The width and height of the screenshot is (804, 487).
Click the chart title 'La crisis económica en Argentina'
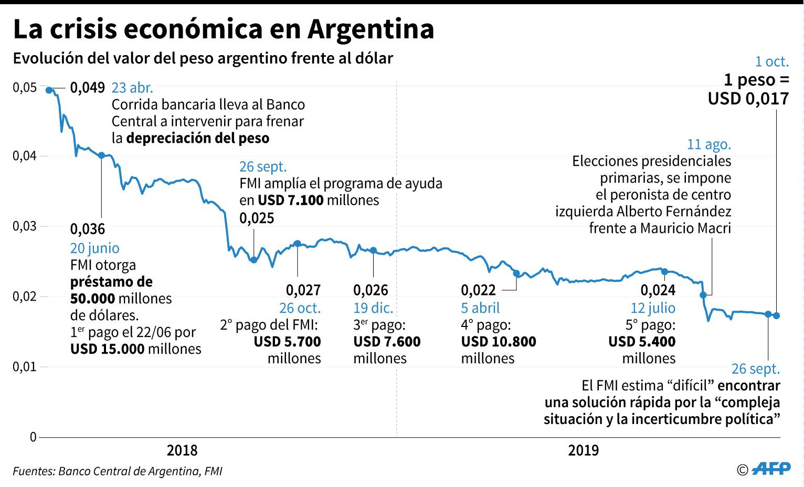tap(224, 29)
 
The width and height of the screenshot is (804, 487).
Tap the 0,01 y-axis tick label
tap(25, 366)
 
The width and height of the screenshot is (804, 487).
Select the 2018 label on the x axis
tap(182, 450)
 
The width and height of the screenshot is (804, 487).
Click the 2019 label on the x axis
tap(583, 450)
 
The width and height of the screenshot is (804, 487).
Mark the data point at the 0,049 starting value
tap(49, 90)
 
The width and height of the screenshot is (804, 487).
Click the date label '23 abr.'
tap(132, 88)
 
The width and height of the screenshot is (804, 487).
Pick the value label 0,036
tap(88, 229)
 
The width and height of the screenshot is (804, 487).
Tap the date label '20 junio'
tap(95, 248)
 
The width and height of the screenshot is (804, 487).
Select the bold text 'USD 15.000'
tap(108, 348)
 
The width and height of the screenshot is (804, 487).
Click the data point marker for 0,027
tap(298, 243)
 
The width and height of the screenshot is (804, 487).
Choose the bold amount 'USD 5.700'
tap(287, 342)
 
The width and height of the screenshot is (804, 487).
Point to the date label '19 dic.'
tap(373, 308)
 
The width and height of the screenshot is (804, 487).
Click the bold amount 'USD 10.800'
tap(499, 342)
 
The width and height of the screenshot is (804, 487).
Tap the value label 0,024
tap(658, 290)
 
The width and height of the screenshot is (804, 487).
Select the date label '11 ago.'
tap(708, 144)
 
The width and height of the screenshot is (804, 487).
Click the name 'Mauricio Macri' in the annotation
tap(685, 228)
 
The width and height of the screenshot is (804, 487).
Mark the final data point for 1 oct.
tap(776, 315)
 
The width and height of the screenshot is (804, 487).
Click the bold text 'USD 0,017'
tap(748, 99)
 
